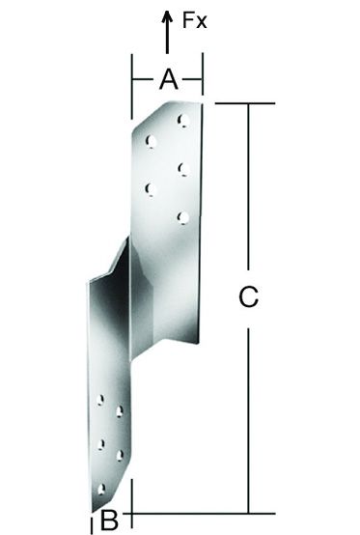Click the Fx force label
(196, 20)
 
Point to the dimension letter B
(109, 521)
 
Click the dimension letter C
(248, 298)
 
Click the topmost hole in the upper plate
(181, 121)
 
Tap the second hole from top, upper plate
(151, 141)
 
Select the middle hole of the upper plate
(181, 169)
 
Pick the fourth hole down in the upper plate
(151, 189)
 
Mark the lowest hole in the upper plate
(181, 216)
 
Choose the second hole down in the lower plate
(120, 412)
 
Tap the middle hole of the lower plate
(101, 444)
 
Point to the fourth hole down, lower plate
(120, 454)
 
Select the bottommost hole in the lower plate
(103, 489)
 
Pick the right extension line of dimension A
(203, 77)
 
